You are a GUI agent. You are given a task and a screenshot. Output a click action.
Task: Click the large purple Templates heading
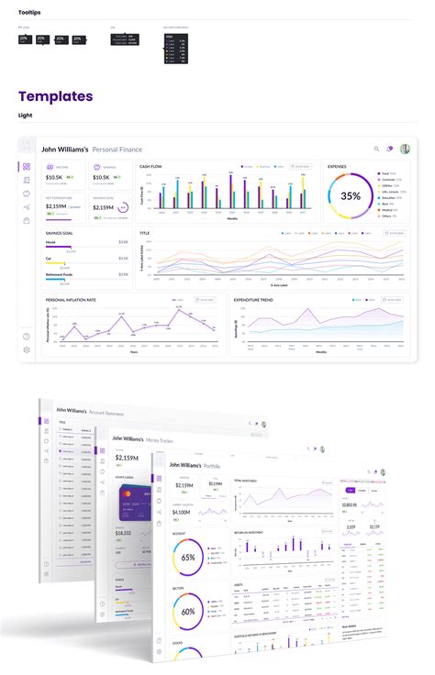(x=55, y=96)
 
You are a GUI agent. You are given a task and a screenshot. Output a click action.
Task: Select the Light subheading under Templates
(x=25, y=116)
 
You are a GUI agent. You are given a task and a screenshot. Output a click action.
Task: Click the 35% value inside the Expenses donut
(x=351, y=195)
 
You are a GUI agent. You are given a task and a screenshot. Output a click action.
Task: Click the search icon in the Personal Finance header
(x=376, y=149)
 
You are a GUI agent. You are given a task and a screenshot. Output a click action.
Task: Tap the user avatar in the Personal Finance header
(x=405, y=149)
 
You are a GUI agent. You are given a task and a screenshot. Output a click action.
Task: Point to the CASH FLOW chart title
(x=151, y=167)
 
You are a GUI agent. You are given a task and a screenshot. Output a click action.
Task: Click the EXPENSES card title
(x=337, y=167)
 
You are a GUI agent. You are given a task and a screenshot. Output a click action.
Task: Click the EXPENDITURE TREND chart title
(x=254, y=299)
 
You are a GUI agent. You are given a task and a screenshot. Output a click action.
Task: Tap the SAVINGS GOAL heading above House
(x=59, y=233)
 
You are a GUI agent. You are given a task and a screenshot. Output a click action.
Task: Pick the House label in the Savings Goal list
(x=50, y=242)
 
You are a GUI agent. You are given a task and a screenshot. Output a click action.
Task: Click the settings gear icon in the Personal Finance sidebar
(x=27, y=349)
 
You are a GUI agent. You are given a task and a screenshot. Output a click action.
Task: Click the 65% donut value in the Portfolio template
(x=187, y=557)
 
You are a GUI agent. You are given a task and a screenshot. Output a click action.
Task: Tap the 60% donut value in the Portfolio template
(x=187, y=611)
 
